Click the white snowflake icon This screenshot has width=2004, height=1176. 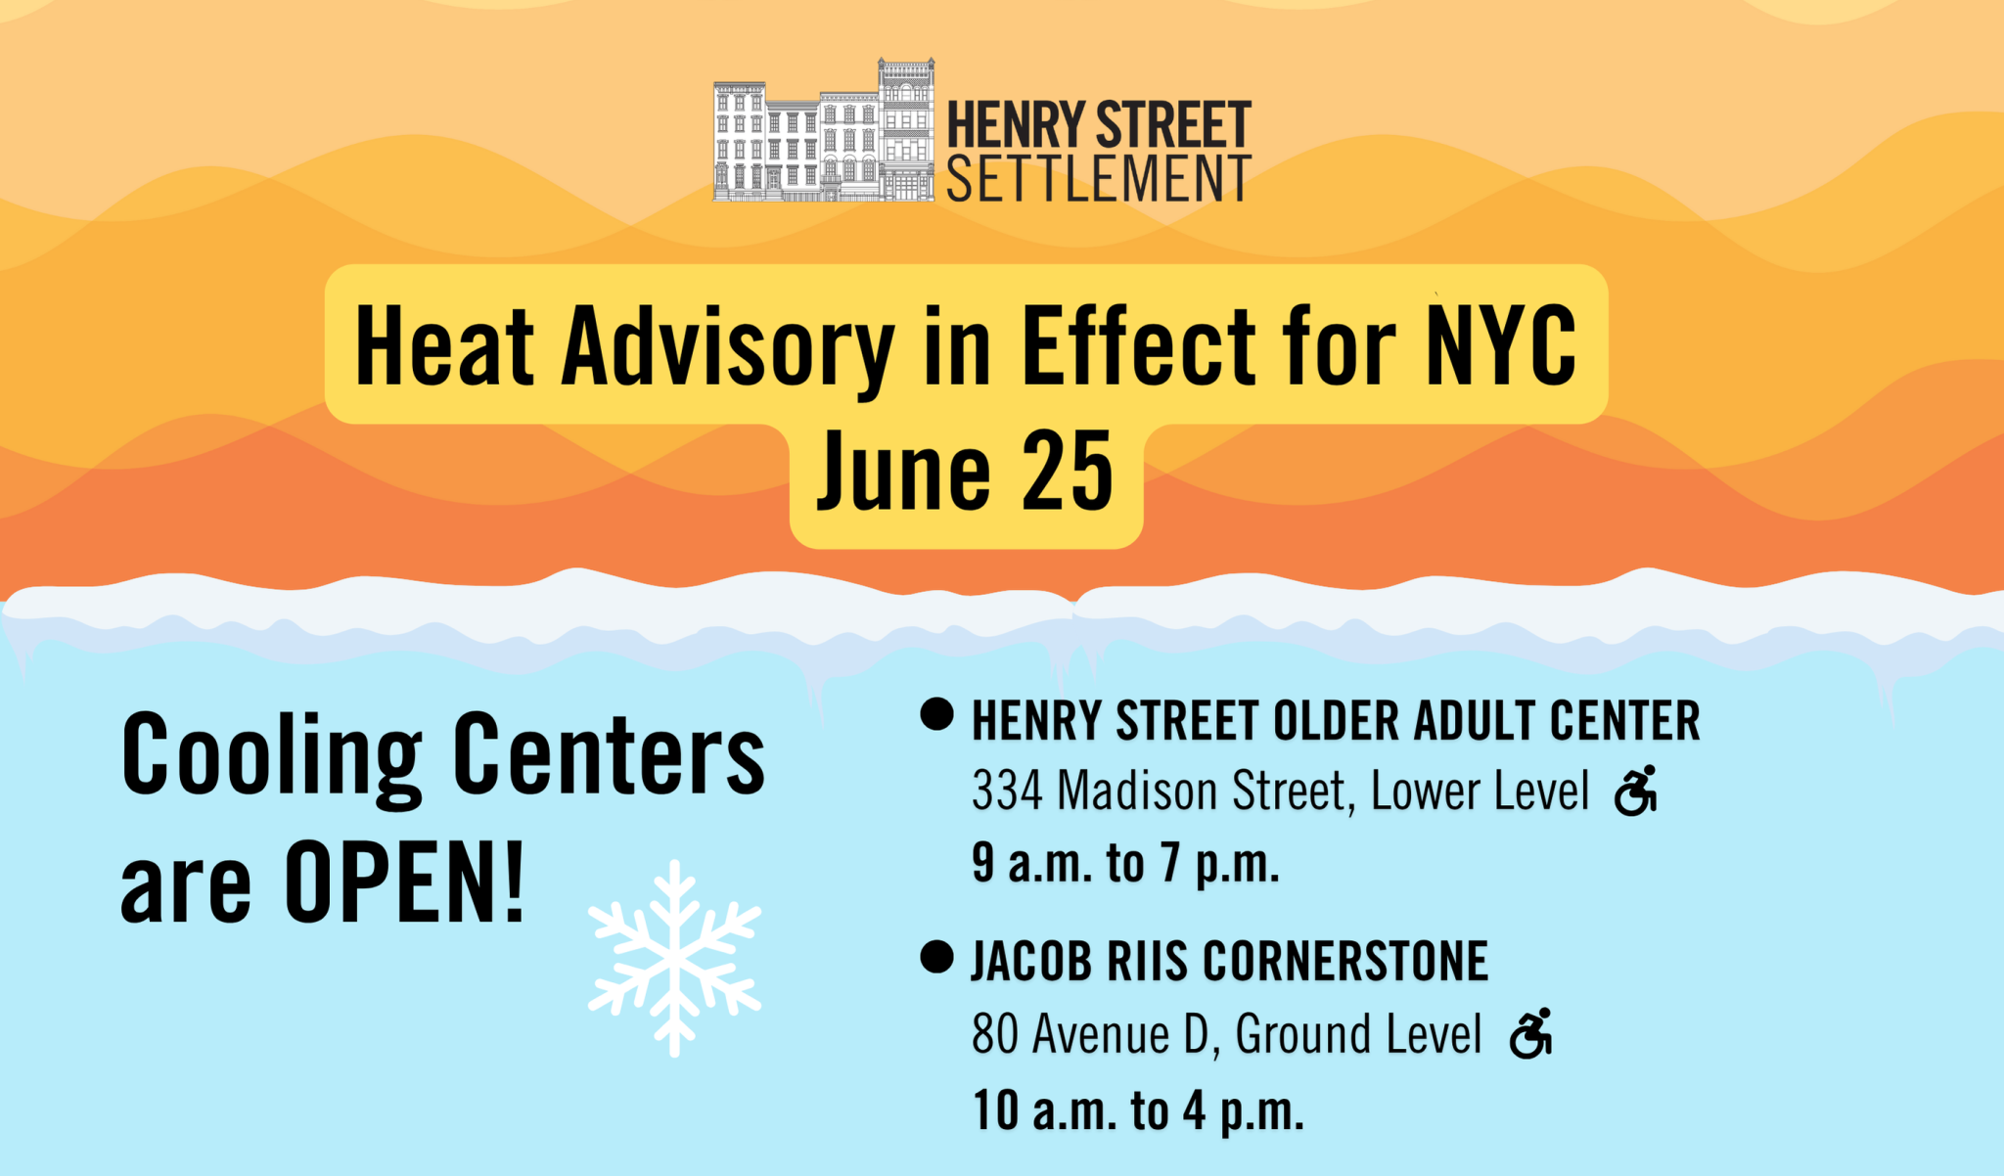pyautogui.click(x=674, y=959)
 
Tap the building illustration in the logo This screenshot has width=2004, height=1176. pyautogui.click(x=824, y=130)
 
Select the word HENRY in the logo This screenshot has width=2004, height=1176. pyautogui.click(x=1016, y=125)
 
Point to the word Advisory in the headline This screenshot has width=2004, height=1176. pyautogui.click(x=728, y=347)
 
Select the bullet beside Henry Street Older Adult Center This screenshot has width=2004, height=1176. pyautogui.click(x=936, y=714)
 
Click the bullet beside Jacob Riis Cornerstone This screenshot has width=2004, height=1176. pyautogui.click(x=936, y=957)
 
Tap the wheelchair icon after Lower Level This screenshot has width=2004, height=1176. pyautogui.click(x=1636, y=791)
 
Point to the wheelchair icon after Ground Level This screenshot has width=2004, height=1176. pyautogui.click(x=1531, y=1033)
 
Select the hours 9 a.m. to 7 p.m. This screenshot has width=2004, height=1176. pyautogui.click(x=1125, y=864)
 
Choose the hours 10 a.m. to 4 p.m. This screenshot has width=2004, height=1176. pyautogui.click(x=1138, y=1110)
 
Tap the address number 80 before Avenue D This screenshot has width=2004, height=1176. pyautogui.click(x=995, y=1034)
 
